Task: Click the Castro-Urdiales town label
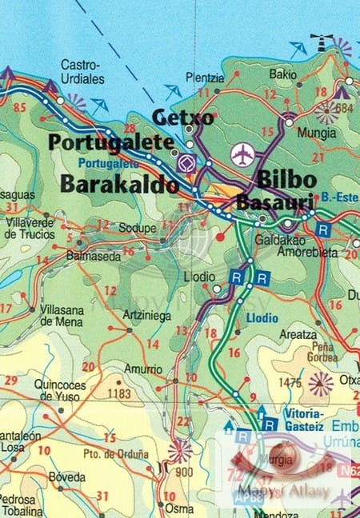point(80,71)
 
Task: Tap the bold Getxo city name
point(183,118)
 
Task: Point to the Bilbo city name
point(286,178)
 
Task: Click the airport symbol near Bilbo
point(241,153)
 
